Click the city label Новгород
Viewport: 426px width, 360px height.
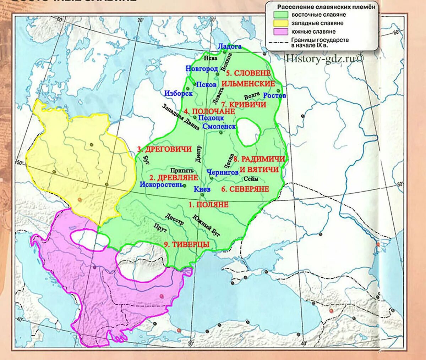[x=201, y=69]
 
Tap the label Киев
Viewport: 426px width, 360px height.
[x=202, y=189]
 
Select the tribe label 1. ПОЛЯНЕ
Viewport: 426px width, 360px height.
[x=208, y=205]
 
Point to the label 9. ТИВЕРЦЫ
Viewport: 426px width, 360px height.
[x=186, y=244]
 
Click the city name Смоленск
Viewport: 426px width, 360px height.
[x=219, y=126]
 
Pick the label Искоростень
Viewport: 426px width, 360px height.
[x=162, y=184]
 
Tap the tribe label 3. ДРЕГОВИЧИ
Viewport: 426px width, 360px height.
[x=164, y=149]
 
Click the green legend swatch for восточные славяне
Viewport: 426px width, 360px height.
[x=280, y=15]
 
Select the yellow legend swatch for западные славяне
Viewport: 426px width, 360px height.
[x=280, y=23]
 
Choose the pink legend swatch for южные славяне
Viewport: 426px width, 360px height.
[x=280, y=31]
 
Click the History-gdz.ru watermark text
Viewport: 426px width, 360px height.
[x=325, y=58]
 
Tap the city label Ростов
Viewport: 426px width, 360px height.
[x=274, y=95]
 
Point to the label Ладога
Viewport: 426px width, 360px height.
[x=230, y=46]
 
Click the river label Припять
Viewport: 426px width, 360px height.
[x=182, y=171]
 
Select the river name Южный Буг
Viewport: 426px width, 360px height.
[x=207, y=226]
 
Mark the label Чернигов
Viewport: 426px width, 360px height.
[x=223, y=172]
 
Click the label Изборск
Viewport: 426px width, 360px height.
[x=178, y=94]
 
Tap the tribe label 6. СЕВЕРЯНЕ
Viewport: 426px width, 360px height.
[x=245, y=189]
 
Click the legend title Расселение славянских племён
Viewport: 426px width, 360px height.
[x=326, y=7]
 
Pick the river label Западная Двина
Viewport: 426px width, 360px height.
[x=181, y=117]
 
